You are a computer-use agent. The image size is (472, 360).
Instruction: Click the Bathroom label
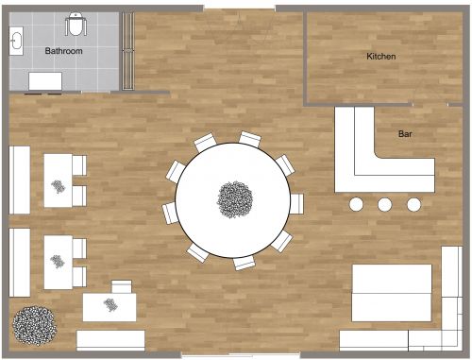click(64, 51)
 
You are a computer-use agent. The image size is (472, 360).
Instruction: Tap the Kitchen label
click(381, 57)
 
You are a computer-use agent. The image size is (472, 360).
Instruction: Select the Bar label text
click(405, 135)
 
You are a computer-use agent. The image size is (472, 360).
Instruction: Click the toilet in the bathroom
click(76, 26)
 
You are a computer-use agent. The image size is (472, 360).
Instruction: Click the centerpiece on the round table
click(233, 198)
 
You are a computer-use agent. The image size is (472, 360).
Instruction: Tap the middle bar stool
click(385, 204)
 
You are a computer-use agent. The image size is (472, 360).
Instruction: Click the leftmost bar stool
click(357, 204)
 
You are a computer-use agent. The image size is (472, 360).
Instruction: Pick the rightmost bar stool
click(413, 204)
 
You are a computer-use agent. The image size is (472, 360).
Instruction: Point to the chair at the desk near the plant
click(121, 285)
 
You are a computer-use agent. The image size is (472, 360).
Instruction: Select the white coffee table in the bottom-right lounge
click(393, 293)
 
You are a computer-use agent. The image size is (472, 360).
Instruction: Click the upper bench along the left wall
click(20, 180)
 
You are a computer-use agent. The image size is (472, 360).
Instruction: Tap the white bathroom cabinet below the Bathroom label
click(44, 81)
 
